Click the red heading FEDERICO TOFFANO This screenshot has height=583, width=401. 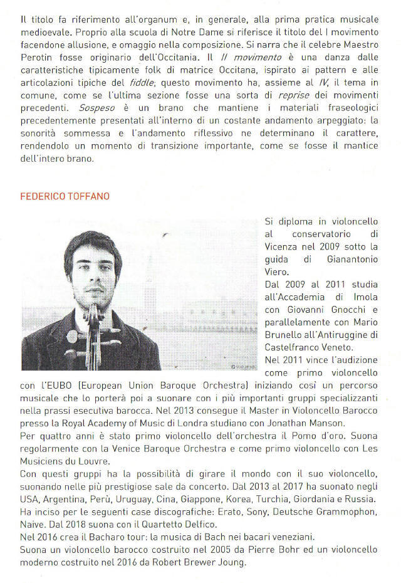click(x=65, y=196)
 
